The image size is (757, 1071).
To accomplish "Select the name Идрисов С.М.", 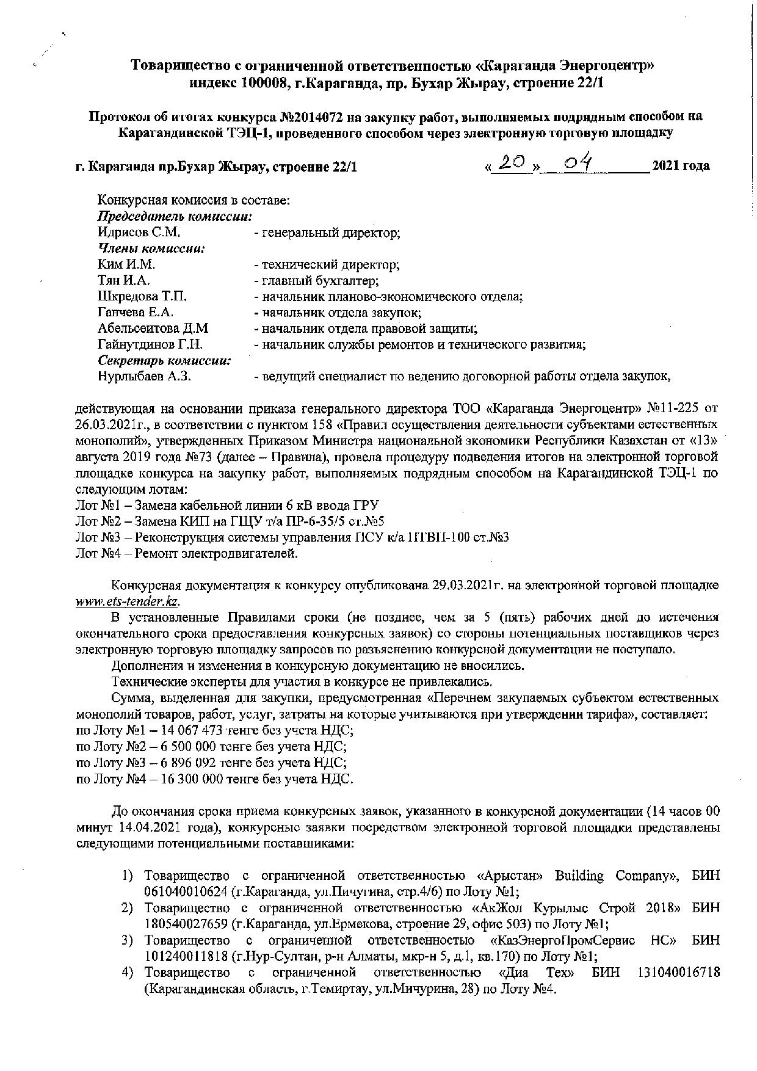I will (139, 233).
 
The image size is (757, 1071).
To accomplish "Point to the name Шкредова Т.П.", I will (142, 297).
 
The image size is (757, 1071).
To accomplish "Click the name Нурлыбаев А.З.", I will (145, 376).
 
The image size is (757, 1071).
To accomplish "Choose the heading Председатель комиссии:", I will (176, 217).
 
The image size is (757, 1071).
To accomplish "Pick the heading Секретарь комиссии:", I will (164, 360).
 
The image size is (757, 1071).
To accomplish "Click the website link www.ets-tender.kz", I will (126, 601).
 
